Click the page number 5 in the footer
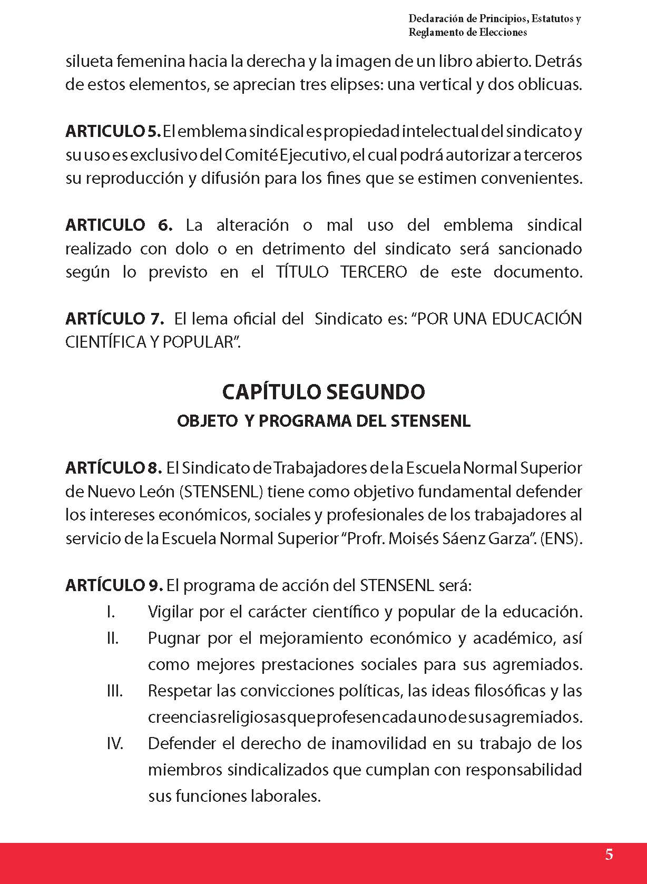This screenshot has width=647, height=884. click(609, 854)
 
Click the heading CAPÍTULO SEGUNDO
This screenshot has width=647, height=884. click(323, 391)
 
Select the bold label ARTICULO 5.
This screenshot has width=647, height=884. click(112, 131)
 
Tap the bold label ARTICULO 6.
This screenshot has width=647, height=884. click(119, 225)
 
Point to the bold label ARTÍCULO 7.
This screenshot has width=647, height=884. click(115, 319)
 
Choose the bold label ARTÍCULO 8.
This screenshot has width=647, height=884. click(113, 467)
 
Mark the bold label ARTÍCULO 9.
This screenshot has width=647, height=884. click(113, 585)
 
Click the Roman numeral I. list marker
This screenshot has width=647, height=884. click(111, 612)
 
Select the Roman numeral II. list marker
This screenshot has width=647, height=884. click(112, 638)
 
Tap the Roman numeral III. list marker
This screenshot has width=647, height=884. click(114, 691)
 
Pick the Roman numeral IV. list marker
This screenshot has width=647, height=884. click(114, 743)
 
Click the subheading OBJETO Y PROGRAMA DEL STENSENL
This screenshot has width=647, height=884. click(323, 421)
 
